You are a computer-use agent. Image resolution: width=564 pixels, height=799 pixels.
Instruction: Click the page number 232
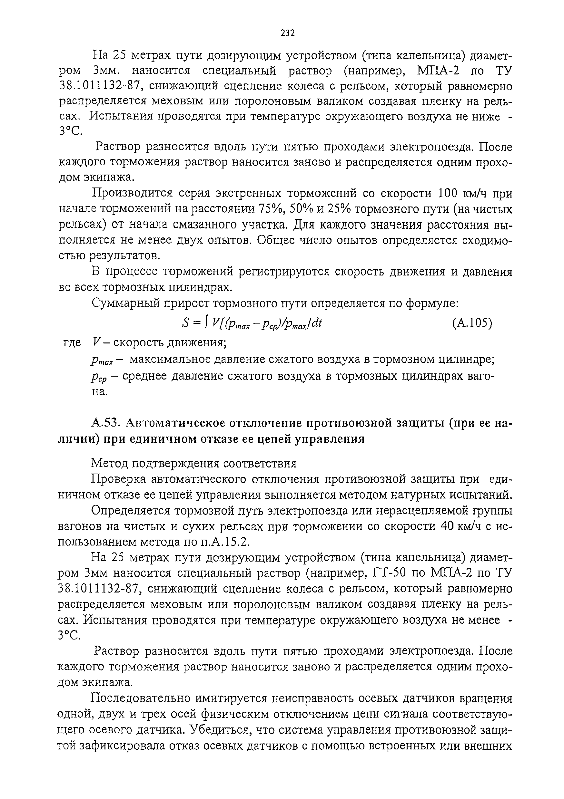point(288,33)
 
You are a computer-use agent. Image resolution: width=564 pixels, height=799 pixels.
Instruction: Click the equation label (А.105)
point(472,324)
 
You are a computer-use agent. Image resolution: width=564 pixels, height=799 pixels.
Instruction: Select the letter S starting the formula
point(186,324)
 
